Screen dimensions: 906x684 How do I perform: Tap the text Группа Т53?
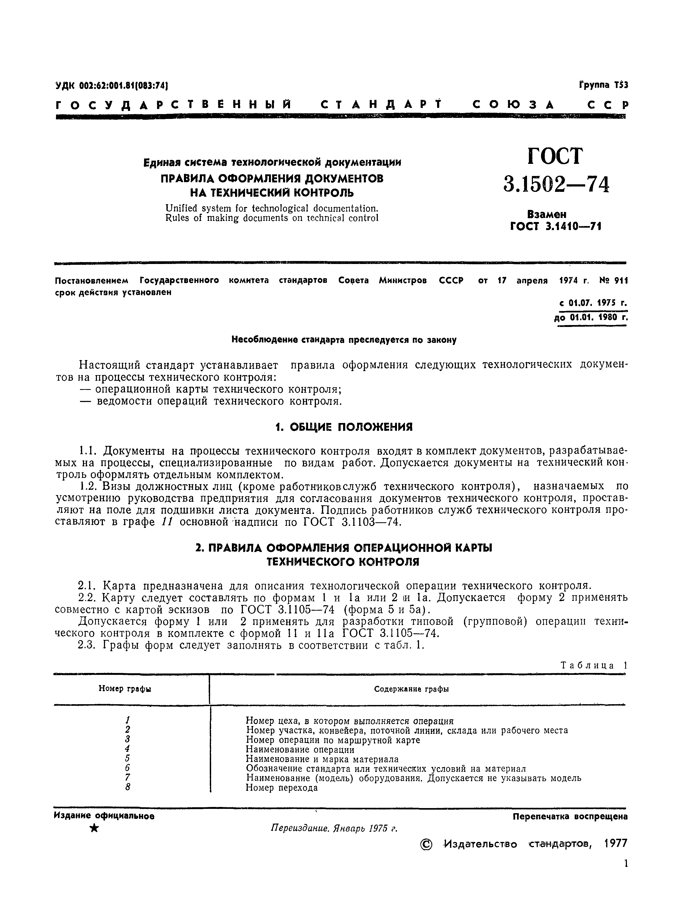(603, 85)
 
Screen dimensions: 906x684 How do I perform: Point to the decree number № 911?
(613, 281)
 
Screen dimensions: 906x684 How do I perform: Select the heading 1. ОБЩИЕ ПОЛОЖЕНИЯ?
(343, 427)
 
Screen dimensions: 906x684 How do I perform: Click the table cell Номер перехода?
(282, 788)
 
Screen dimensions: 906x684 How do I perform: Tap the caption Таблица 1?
(594, 665)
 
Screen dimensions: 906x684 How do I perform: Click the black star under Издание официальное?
(94, 829)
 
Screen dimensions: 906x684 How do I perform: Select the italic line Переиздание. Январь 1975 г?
(334, 829)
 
